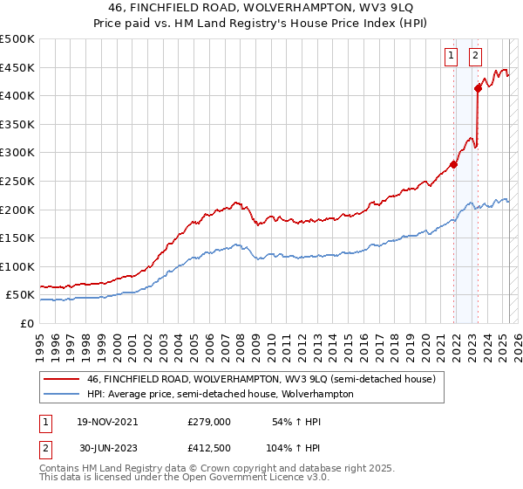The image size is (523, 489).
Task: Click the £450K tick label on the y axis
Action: pos(17,68)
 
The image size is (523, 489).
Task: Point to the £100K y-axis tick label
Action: pos(17,266)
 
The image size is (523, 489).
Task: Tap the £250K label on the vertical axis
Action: pos(17,181)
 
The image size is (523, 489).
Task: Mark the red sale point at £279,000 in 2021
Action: pos(454,164)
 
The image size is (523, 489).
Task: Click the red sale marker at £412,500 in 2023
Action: pos(479,87)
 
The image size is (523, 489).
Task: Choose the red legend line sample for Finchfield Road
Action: pos(62,380)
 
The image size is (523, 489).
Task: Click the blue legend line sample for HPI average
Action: pos(62,394)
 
